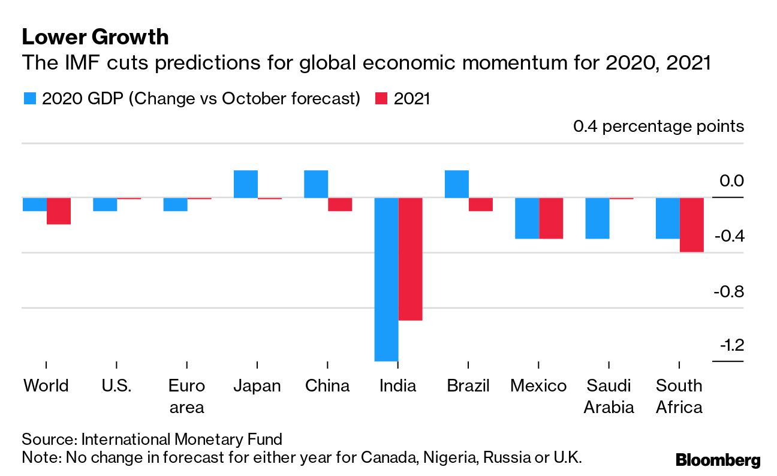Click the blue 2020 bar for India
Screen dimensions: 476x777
(x=387, y=279)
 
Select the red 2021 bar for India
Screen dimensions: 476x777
(x=410, y=259)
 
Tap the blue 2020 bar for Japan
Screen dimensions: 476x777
(x=246, y=184)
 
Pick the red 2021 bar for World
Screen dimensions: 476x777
(x=59, y=211)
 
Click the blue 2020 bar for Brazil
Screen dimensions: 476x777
(x=456, y=184)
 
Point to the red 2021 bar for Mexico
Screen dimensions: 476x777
(x=551, y=218)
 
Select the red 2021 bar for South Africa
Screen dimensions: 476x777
(x=691, y=225)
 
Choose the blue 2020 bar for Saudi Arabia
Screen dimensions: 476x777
(x=597, y=218)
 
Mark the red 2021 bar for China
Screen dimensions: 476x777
(x=339, y=204)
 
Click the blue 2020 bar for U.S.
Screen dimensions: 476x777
(x=105, y=204)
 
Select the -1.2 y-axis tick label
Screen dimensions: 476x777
(x=727, y=346)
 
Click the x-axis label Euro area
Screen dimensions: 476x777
(x=186, y=396)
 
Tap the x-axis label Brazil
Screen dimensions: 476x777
(x=468, y=385)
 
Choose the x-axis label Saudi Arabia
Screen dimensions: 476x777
(x=609, y=396)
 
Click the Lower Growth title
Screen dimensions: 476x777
(x=95, y=37)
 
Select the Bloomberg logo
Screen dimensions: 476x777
(x=718, y=460)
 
